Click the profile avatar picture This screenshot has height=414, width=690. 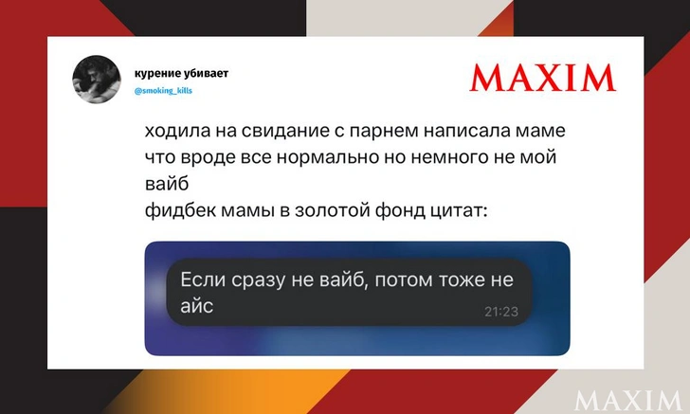click(x=98, y=80)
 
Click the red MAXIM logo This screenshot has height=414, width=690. click(x=543, y=78)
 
